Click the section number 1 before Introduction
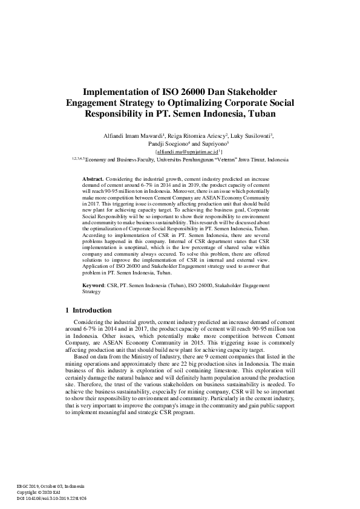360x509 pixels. tap(67, 310)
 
